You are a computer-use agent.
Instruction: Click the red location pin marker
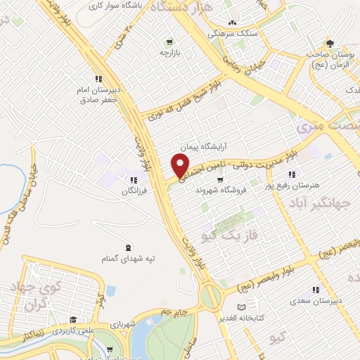point(180,165)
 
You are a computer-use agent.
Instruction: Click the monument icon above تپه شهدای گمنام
point(127,247)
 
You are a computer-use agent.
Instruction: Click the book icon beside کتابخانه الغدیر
point(243,307)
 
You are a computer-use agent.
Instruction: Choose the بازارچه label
point(168,52)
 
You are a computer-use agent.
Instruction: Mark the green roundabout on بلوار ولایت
point(210,296)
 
